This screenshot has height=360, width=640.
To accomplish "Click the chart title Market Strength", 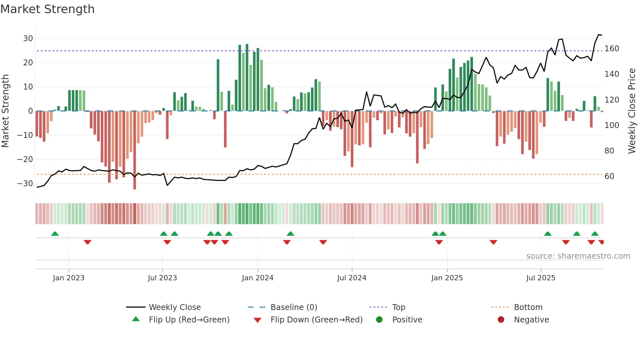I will click(x=47, y=9).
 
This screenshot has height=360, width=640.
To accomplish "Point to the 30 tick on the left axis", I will click(x=28, y=39).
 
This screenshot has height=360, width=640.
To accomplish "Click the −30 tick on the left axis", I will click(x=25, y=184).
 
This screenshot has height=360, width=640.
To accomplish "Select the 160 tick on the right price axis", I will click(x=612, y=49).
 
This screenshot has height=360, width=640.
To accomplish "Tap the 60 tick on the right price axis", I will click(x=609, y=176).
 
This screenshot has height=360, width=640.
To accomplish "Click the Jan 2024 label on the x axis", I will click(x=257, y=278).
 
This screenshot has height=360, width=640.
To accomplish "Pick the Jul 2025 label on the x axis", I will click(x=540, y=278).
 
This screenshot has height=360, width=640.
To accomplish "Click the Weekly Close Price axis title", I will click(x=632, y=111).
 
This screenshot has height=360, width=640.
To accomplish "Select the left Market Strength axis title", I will click(x=5, y=111).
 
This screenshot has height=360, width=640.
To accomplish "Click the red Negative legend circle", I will click(x=501, y=319).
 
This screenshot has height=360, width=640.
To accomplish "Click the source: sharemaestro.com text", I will click(x=578, y=256).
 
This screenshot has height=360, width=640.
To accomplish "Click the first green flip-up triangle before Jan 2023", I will click(x=55, y=234).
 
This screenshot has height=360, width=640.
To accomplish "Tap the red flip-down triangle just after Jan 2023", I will click(x=87, y=242).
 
